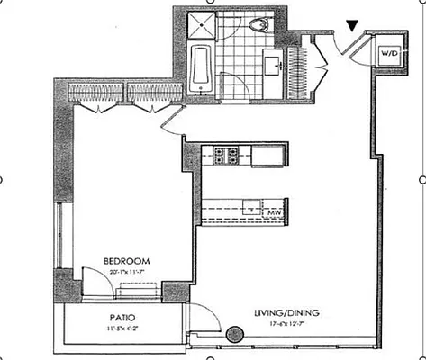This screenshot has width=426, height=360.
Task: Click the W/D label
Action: coord(388,53)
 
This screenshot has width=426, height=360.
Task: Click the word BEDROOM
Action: coord(117,254)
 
